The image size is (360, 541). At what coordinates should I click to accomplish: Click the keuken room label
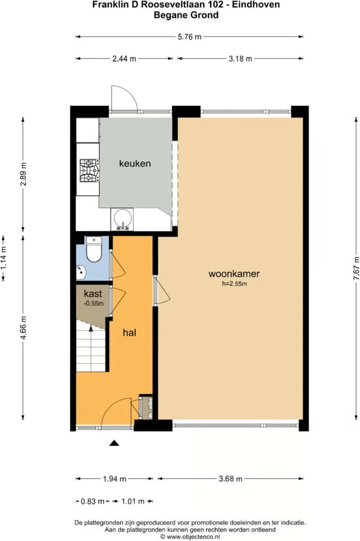pyautogui.click(x=135, y=163)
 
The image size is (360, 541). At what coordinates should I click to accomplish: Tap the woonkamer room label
pyautogui.click(x=234, y=274)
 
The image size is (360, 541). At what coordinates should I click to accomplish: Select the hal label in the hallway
pyautogui.click(x=129, y=332)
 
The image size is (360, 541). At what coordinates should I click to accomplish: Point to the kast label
pyautogui.click(x=93, y=294)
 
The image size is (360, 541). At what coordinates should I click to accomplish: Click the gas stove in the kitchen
pyautogui.click(x=89, y=171)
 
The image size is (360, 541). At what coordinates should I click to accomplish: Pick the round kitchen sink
pyautogui.click(x=123, y=219)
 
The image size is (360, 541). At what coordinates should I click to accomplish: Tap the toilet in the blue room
pyautogui.click(x=94, y=250)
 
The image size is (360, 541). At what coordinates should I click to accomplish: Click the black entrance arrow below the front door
pyautogui.click(x=114, y=443)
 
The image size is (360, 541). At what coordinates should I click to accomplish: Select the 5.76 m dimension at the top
pyautogui.click(x=189, y=37)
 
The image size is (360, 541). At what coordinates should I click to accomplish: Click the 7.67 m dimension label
pyautogui.click(x=356, y=268)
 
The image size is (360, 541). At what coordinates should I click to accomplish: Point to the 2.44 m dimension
pyautogui.click(x=125, y=59)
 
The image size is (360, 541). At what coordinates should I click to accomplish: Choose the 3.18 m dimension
pyautogui.click(x=240, y=59)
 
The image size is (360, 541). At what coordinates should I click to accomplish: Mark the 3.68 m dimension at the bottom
pyautogui.click(x=230, y=479)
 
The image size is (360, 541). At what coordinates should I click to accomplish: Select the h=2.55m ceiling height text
pyautogui.click(x=234, y=284)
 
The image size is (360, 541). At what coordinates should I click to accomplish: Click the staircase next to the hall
pyautogui.click(x=91, y=349)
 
